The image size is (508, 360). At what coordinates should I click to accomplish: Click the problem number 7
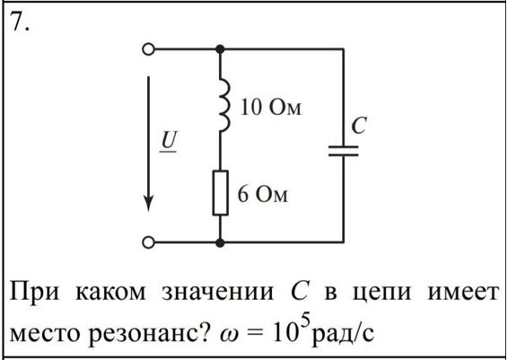tap(20, 22)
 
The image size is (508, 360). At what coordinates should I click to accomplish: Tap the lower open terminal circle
tap(148, 242)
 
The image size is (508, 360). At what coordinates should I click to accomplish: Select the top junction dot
tap(220, 49)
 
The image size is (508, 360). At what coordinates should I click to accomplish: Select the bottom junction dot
tap(220, 242)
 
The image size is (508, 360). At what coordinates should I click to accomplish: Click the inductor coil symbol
tap(224, 105)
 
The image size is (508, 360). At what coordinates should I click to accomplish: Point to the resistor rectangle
tap(220, 193)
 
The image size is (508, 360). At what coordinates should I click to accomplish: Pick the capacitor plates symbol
tap(344, 151)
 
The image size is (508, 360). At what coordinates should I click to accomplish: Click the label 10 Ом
tap(271, 108)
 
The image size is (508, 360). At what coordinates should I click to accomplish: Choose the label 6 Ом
tap(262, 195)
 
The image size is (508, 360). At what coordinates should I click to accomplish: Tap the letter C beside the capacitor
tap(359, 125)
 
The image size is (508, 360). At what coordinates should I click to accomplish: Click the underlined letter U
tap(169, 142)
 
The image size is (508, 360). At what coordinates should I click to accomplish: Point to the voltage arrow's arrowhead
tap(148, 203)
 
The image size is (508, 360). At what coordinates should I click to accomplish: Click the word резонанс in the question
tap(148, 333)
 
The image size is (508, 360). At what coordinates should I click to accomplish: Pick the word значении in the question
tap(218, 293)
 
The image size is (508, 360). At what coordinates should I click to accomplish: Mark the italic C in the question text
tap(299, 291)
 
